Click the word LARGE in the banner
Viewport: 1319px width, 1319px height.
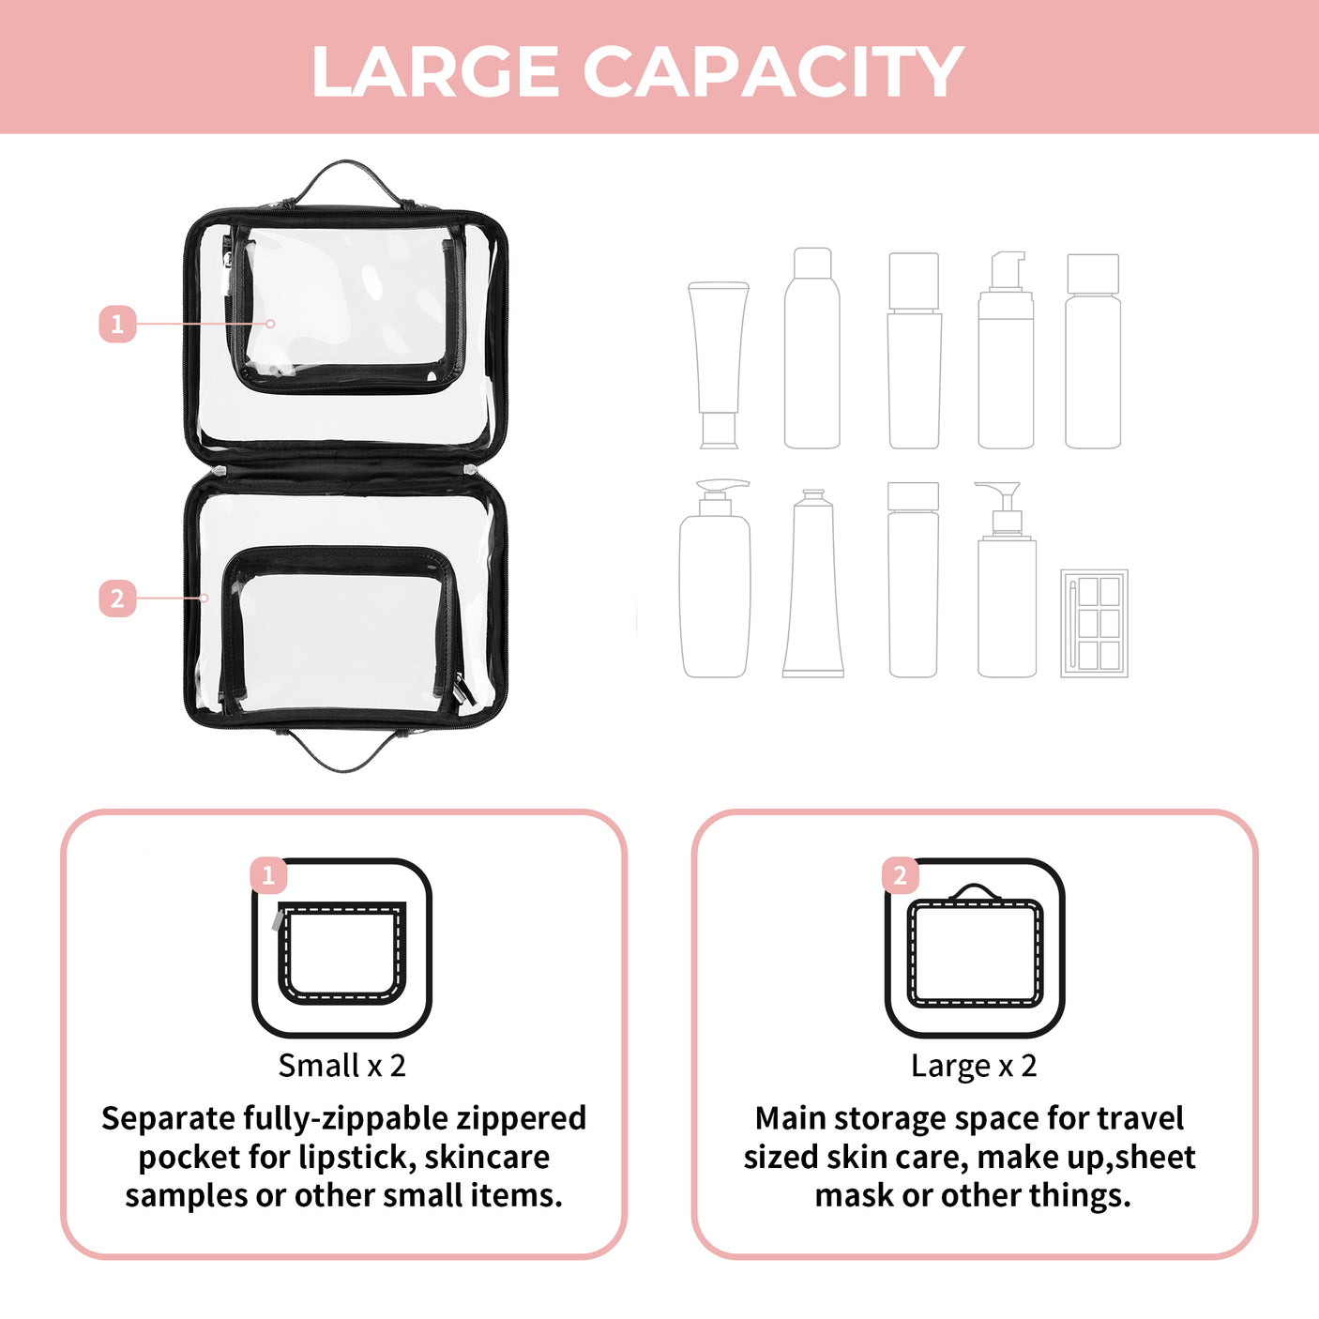click(434, 71)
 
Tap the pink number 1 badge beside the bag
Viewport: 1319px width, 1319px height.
click(117, 324)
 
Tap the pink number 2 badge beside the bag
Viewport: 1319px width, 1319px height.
click(117, 598)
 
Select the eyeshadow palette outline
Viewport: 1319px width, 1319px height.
click(1094, 623)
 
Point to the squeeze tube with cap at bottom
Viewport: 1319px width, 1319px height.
click(719, 364)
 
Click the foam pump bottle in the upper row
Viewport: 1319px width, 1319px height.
click(1006, 352)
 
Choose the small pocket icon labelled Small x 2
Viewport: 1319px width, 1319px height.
click(341, 948)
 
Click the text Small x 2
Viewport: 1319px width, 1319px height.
click(341, 1066)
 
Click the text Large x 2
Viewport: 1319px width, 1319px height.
click(974, 1066)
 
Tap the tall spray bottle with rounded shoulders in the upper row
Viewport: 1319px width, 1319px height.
click(811, 349)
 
